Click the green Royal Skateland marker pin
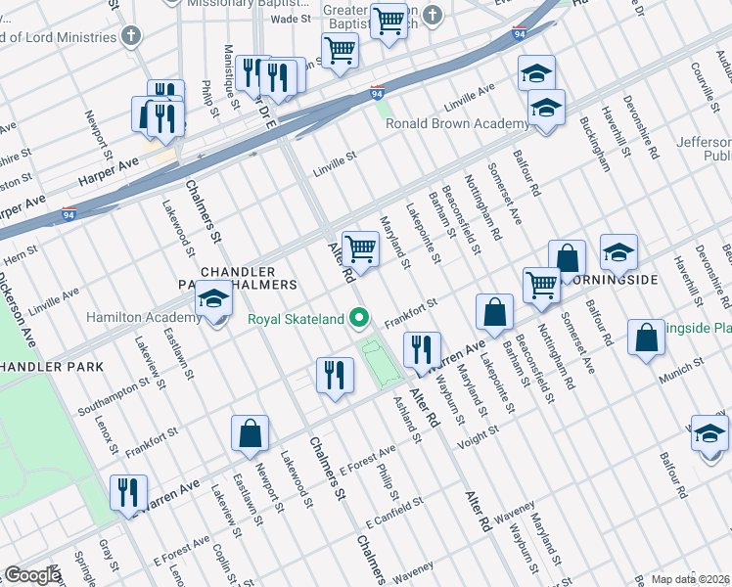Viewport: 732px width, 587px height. point(361,317)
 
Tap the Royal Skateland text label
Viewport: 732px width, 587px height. point(296,319)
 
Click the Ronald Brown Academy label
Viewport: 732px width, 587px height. point(444,124)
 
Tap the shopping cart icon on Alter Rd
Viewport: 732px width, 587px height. point(361,250)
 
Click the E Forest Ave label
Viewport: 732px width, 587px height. point(367,459)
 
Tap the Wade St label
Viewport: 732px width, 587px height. point(290,19)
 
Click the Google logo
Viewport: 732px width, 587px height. point(32,575)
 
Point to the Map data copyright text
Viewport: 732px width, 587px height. point(690,579)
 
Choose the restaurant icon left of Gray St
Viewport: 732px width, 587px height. point(128,493)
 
